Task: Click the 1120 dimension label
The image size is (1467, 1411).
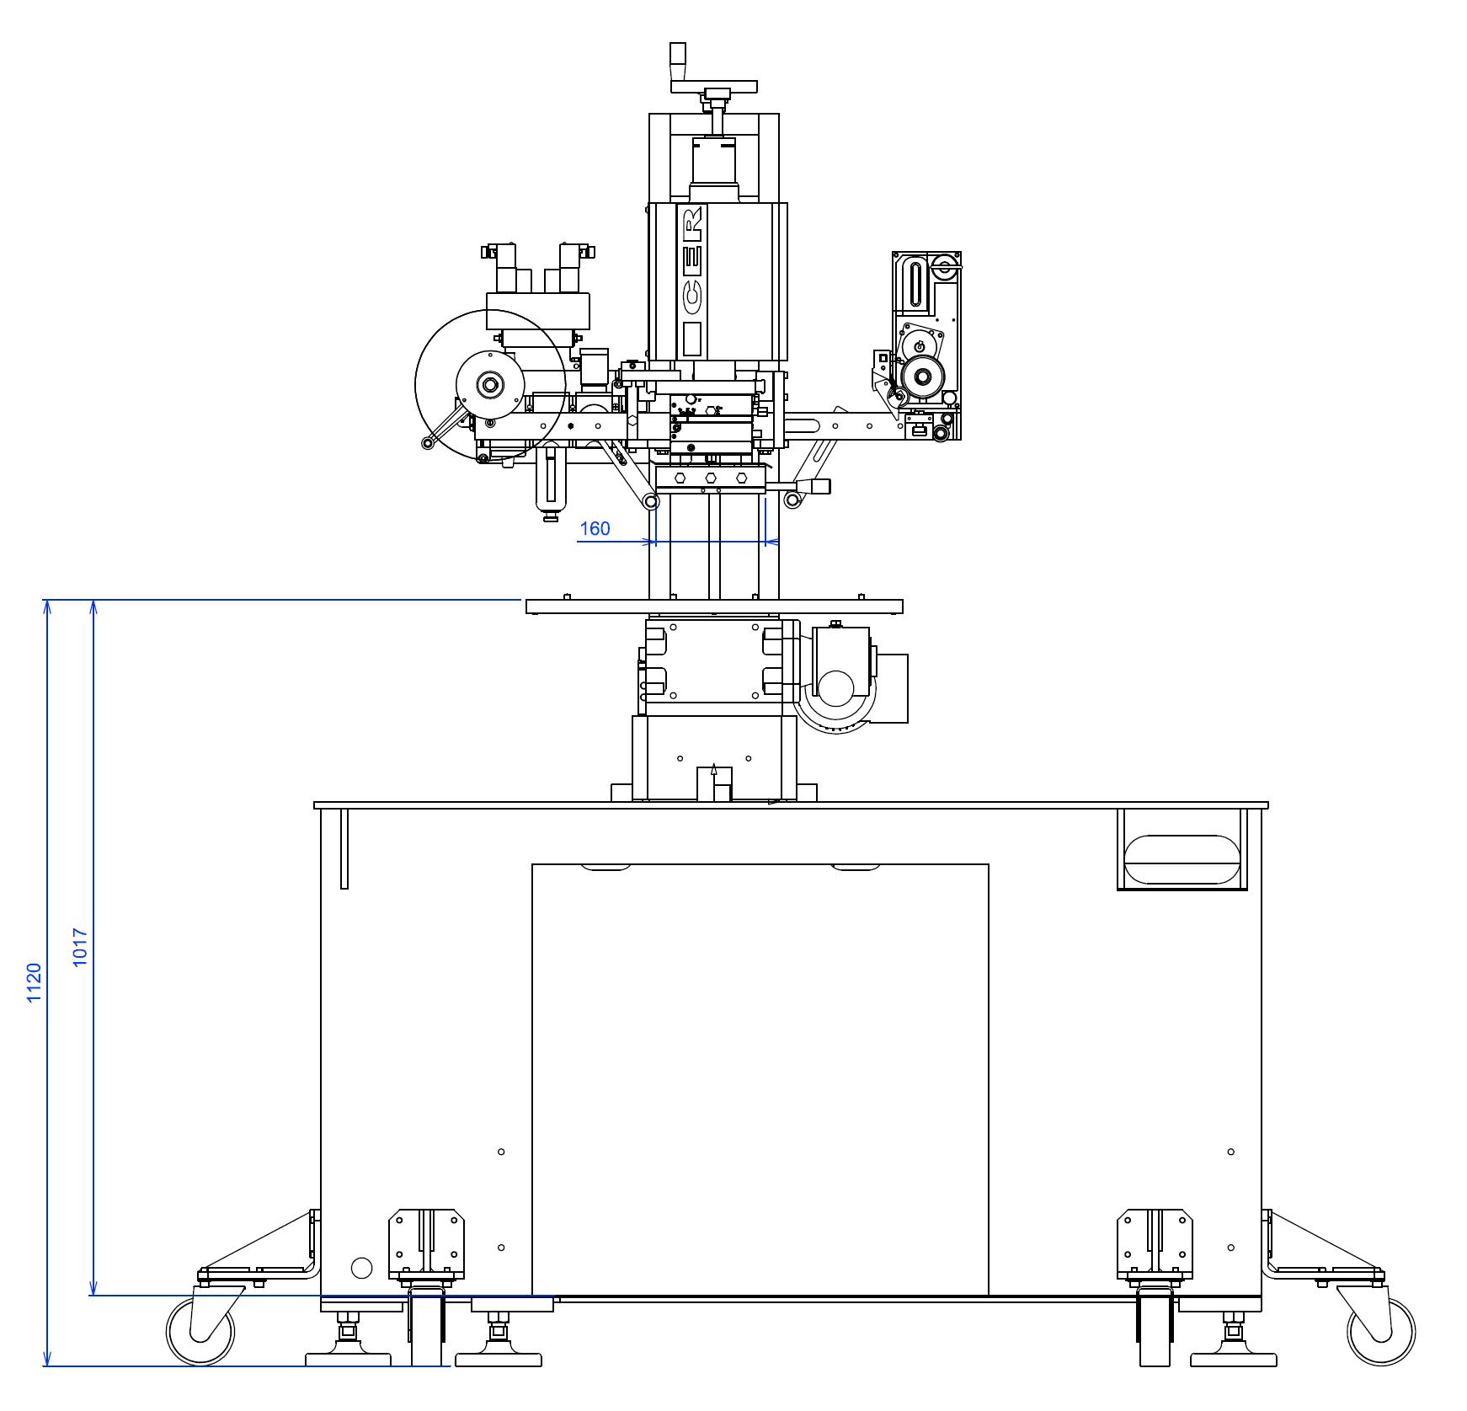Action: (34, 982)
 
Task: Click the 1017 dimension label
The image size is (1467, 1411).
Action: (80, 948)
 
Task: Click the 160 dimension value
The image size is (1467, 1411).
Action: (595, 529)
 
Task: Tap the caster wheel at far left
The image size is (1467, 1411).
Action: (200, 1331)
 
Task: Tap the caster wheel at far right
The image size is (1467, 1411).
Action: (1381, 1331)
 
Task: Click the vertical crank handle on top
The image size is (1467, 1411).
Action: (678, 61)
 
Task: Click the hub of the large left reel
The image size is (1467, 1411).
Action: (490, 385)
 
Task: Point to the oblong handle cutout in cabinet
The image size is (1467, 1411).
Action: (1182, 859)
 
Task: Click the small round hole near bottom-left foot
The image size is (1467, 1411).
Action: (361, 1268)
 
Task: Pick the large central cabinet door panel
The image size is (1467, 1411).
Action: (760, 1078)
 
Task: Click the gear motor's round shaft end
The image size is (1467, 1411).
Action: (836, 688)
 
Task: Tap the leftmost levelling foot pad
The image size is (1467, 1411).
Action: (348, 1359)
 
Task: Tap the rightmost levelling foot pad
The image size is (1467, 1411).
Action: (1233, 1359)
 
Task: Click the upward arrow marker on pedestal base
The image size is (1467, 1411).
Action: (714, 770)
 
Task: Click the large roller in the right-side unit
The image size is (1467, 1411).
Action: (922, 377)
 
